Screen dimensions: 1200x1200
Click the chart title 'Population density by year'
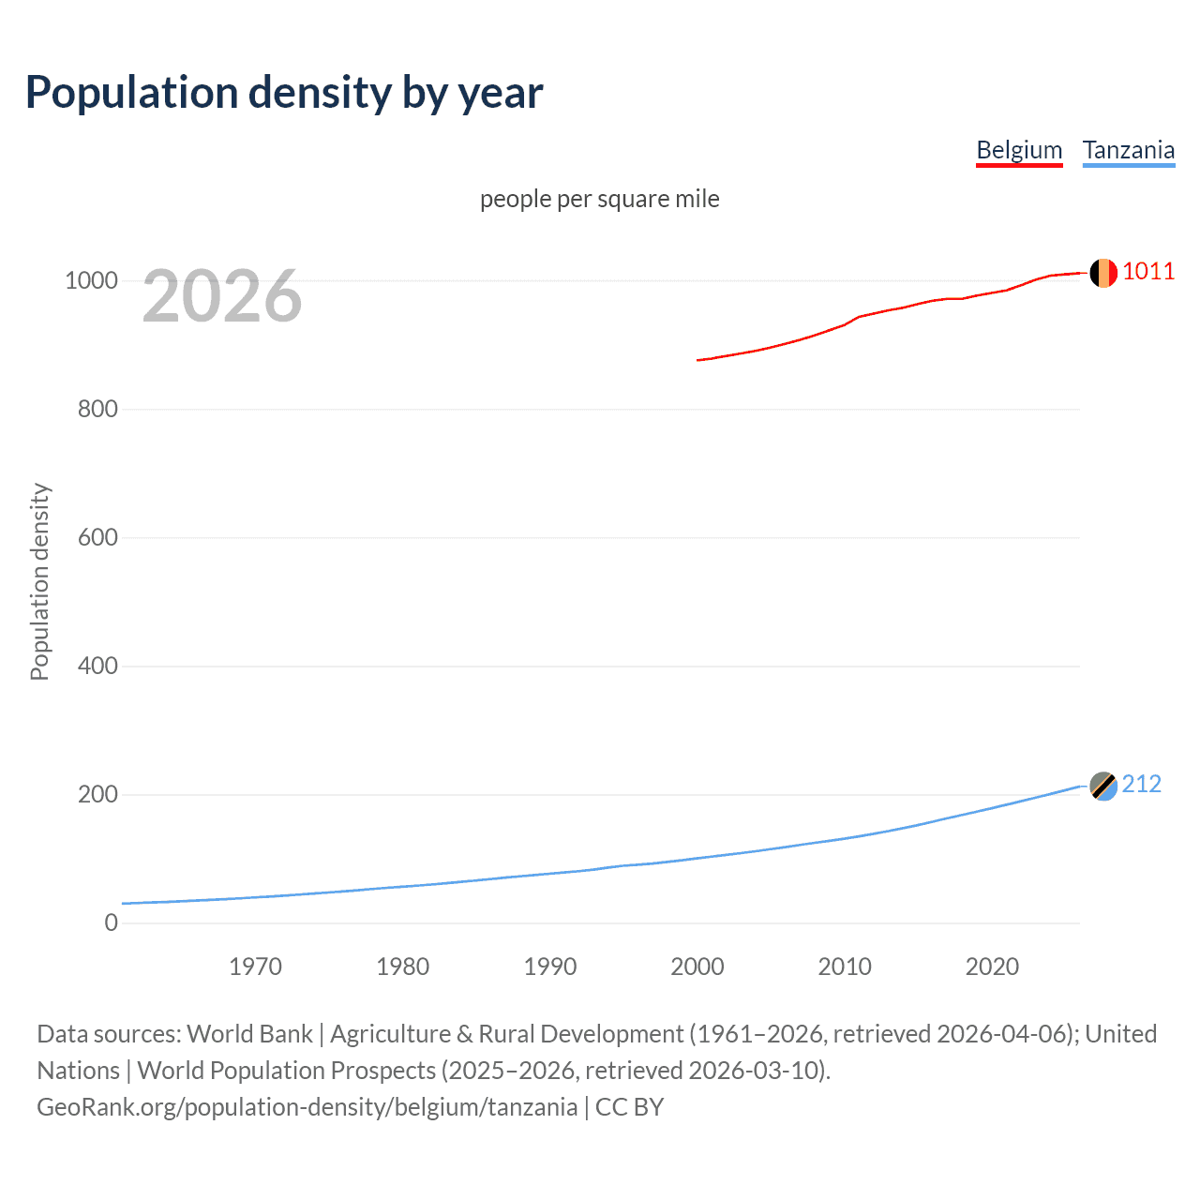(284, 93)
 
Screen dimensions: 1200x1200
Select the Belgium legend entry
(1019, 150)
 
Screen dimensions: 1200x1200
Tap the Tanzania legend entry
(1128, 150)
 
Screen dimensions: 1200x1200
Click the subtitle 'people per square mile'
(599, 199)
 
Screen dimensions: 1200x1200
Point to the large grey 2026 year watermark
(222, 296)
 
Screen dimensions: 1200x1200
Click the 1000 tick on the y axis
(91, 280)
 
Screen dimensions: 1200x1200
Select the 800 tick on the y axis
(97, 409)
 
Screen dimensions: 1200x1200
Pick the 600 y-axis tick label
(97, 537)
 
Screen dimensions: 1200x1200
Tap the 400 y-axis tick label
(97, 666)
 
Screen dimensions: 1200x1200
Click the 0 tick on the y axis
(112, 922)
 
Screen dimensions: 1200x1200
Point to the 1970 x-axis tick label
(255, 967)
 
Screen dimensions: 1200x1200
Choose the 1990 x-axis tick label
(550, 967)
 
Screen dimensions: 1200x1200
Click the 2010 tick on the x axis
(845, 967)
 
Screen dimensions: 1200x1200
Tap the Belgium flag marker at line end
(1103, 273)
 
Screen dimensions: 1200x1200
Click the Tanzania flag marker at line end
(1103, 786)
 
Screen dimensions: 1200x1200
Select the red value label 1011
(1148, 272)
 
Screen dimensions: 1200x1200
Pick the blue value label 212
(1141, 785)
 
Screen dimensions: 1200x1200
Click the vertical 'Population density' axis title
(39, 581)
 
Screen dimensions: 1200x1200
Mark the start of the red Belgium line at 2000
(698, 360)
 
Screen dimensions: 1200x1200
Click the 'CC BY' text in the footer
(629, 1107)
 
